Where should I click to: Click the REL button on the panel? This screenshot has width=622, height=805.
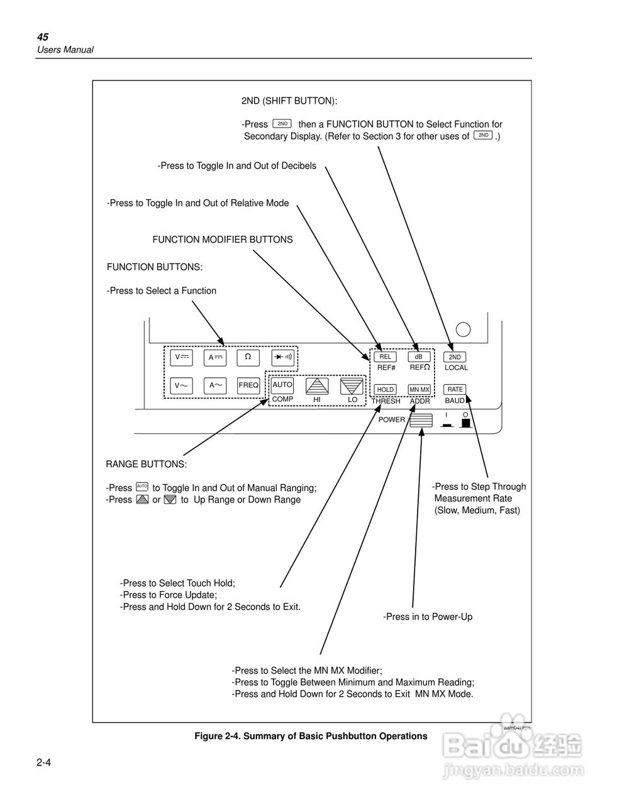pyautogui.click(x=385, y=357)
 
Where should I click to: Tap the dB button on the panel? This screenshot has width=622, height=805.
pyautogui.click(x=419, y=357)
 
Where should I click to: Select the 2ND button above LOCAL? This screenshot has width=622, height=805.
pyautogui.click(x=455, y=357)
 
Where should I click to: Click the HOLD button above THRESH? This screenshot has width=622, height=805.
pyautogui.click(x=386, y=389)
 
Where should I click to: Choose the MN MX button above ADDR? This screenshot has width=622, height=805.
pyautogui.click(x=419, y=389)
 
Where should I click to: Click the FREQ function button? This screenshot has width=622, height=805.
pyautogui.click(x=248, y=386)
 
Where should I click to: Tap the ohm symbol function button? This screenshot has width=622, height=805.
pyautogui.click(x=248, y=357)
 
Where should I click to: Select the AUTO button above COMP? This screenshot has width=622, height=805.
pyautogui.click(x=282, y=385)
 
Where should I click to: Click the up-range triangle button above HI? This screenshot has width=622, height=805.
pyautogui.click(x=318, y=386)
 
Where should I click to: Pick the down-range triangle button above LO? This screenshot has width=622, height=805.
pyautogui.click(x=352, y=386)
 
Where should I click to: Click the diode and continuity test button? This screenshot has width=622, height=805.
pyautogui.click(x=283, y=357)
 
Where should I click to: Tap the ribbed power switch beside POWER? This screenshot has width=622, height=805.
pyautogui.click(x=421, y=420)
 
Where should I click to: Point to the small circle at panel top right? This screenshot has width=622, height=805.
pyautogui.click(x=463, y=329)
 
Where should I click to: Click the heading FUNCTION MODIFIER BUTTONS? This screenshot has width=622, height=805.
pyautogui.click(x=223, y=240)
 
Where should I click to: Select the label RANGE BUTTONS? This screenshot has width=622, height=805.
pyautogui.click(x=146, y=465)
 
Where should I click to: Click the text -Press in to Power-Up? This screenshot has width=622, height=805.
pyautogui.click(x=428, y=617)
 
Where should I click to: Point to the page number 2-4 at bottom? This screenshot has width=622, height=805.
pyautogui.click(x=43, y=763)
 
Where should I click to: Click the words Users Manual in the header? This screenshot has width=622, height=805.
pyautogui.click(x=65, y=50)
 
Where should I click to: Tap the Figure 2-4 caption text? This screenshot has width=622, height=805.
pyautogui.click(x=311, y=736)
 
